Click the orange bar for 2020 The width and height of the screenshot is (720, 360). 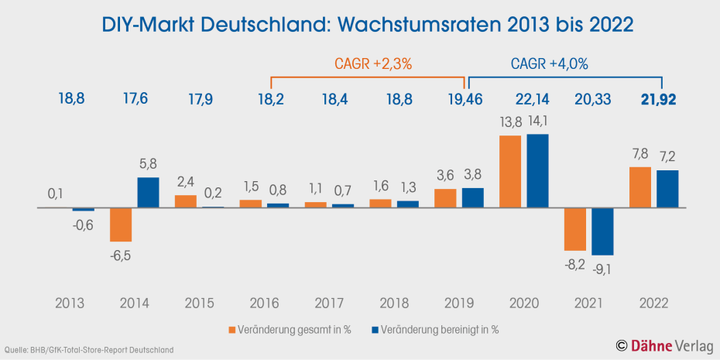pos(510,172)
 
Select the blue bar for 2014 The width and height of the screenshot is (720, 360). pos(149,193)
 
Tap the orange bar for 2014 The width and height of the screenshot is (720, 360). pos(121,225)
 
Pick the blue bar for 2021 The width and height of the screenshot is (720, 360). pos(602,231)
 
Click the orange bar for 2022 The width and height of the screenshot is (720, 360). pos(640,187)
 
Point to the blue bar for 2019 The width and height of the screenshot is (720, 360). pos(473,198)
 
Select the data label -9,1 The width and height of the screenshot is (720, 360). pos(602,269)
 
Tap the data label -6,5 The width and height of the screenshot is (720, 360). pos(120,256)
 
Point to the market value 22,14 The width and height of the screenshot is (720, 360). pos(532,98)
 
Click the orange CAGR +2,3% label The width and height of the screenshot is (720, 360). pos(372,64)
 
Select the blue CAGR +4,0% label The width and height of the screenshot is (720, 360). pos(550,64)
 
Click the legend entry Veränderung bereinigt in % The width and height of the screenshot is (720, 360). pos(434,329)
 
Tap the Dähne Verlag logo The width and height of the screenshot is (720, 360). pos(663,345)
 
